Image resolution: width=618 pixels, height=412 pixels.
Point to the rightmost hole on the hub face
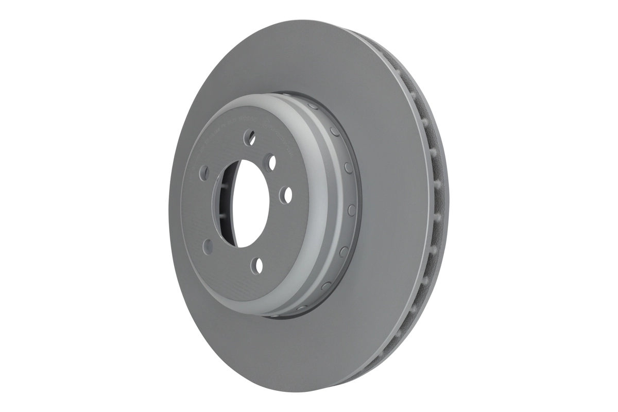coord(287,194)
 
